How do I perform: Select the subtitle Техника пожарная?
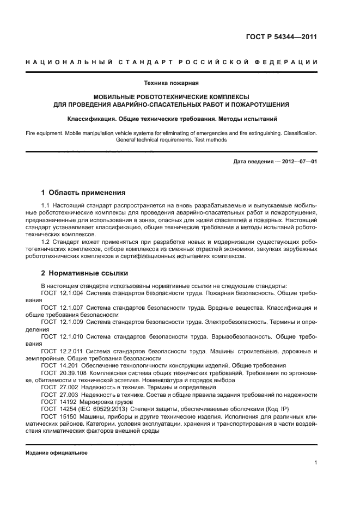click(x=172, y=83)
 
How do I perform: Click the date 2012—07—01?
click(x=298, y=162)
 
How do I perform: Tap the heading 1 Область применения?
click(x=83, y=192)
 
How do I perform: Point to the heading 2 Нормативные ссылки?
click(x=84, y=273)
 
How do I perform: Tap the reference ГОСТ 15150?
click(x=58, y=416)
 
